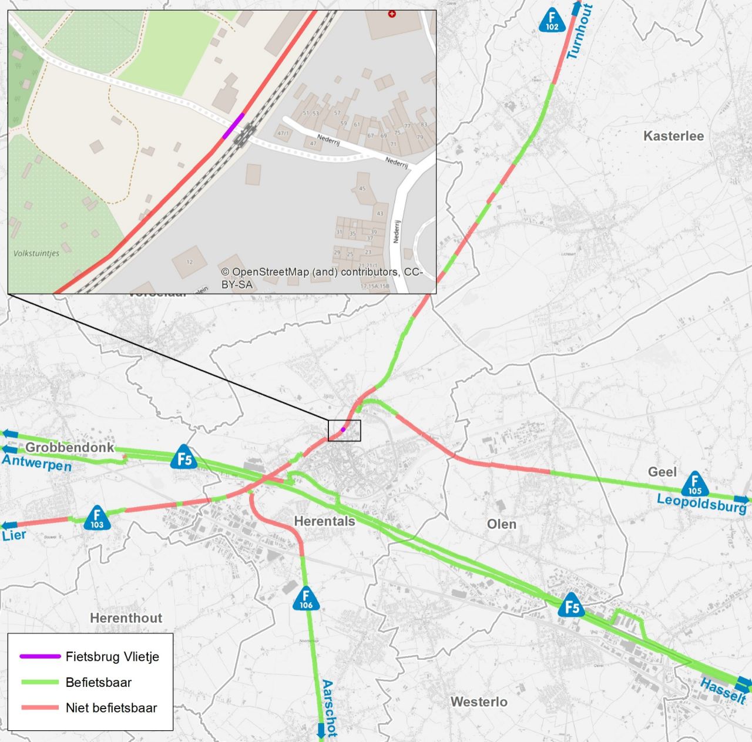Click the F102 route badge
click(552, 21)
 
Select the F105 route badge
click(695, 485)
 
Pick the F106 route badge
click(305, 599)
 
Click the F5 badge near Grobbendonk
click(184, 458)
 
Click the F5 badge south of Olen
click(572, 606)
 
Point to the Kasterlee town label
click(673, 136)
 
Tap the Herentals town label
click(324, 521)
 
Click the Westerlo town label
click(479, 701)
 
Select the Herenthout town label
click(126, 618)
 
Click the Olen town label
click(501, 524)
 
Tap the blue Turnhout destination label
click(580, 32)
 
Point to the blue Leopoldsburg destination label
click(701, 503)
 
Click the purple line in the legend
click(40, 656)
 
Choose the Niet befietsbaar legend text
click(111, 708)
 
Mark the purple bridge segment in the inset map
click(233, 126)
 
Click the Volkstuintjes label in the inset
click(36, 253)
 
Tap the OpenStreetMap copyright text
click(321, 278)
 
